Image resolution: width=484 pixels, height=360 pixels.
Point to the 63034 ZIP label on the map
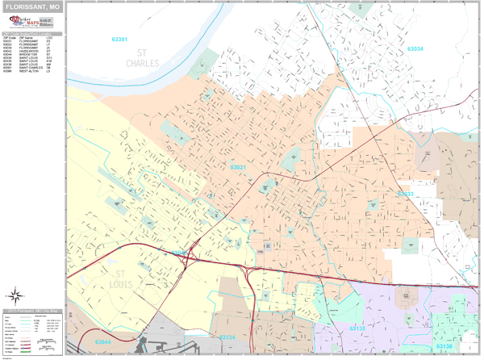click(415, 49)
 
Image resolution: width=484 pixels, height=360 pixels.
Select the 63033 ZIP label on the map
click(405, 194)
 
